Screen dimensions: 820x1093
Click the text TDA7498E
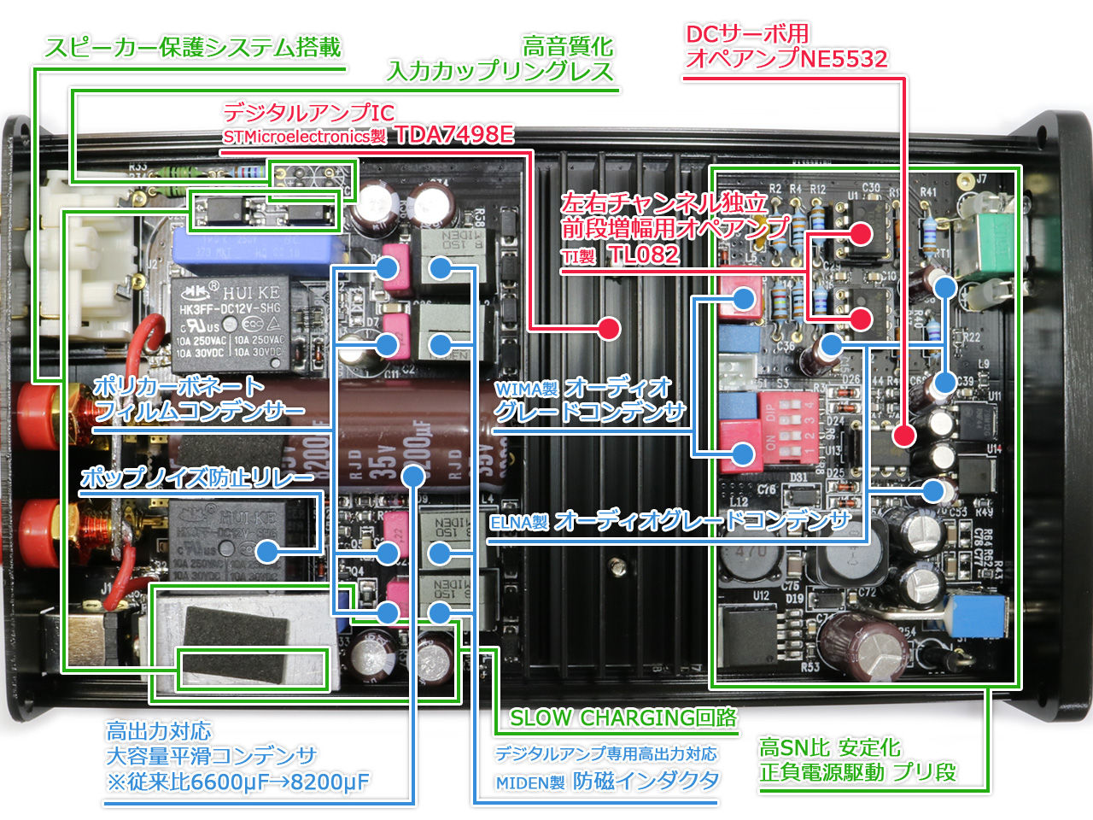[x=454, y=135]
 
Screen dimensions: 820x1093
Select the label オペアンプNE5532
[x=786, y=59]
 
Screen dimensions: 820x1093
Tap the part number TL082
[x=644, y=255]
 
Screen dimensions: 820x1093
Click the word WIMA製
[x=526, y=389]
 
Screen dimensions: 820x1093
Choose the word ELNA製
[x=518, y=523]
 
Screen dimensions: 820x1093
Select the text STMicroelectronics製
[x=305, y=137]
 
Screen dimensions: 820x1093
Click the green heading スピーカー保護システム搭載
[x=193, y=47]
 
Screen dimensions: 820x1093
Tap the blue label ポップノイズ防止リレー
[x=197, y=477]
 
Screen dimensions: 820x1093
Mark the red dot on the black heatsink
[x=608, y=328]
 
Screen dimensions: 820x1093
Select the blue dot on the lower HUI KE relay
[x=268, y=552]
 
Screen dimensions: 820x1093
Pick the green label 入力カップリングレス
[x=500, y=72]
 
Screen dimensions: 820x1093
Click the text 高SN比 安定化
[x=829, y=748]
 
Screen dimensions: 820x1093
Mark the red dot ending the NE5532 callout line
[x=903, y=436]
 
